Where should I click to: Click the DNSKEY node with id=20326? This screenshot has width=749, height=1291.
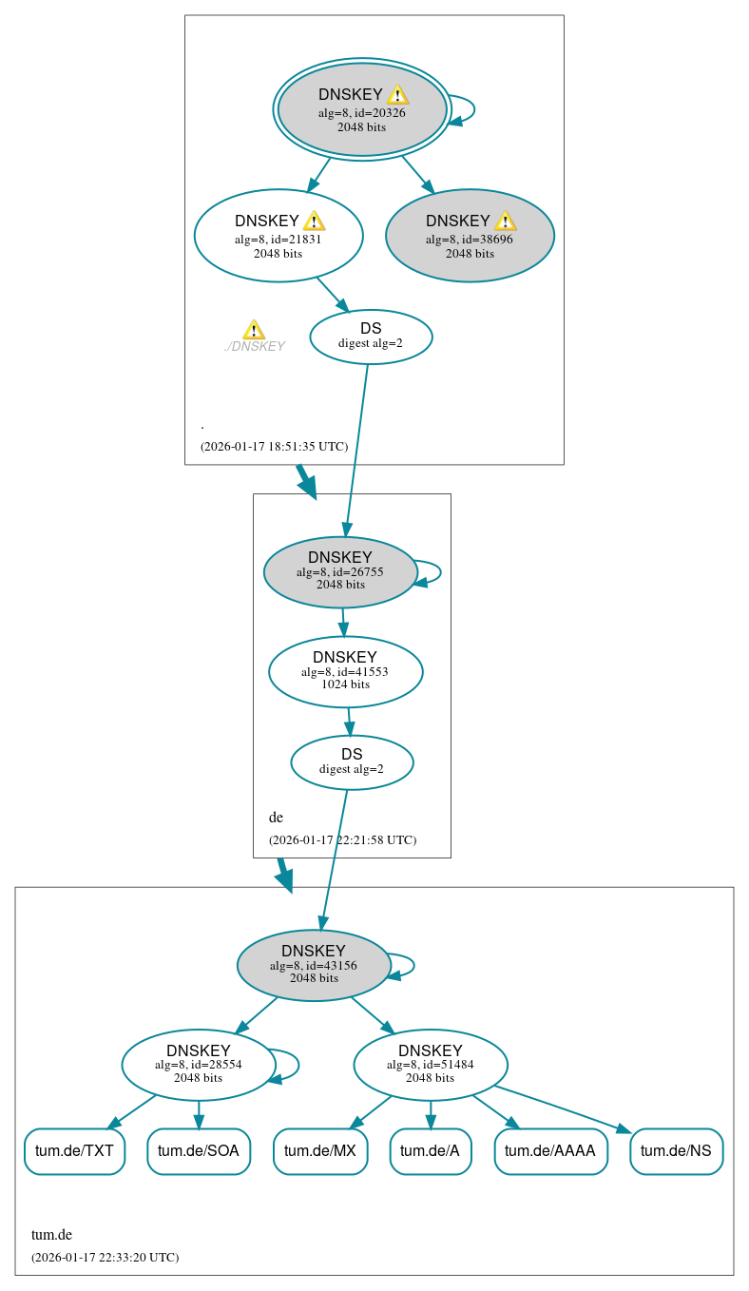pyautogui.click(x=362, y=109)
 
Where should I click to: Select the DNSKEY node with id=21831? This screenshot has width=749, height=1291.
pyautogui.click(x=278, y=235)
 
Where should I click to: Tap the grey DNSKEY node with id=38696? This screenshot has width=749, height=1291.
pyautogui.click(x=470, y=235)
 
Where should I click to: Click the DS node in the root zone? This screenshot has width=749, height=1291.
pyautogui.click(x=371, y=337)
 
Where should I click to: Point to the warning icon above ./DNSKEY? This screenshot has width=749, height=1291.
pyautogui.click(x=254, y=330)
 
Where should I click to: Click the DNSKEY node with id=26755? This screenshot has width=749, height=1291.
pyautogui.click(x=340, y=572)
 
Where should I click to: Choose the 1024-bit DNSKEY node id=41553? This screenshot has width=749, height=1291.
pyautogui.click(x=345, y=672)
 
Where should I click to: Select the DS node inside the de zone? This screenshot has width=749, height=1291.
pyautogui.click(x=352, y=762)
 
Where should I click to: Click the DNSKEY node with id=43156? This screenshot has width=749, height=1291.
pyautogui.click(x=314, y=965)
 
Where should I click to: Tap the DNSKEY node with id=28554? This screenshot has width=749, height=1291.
pyautogui.click(x=199, y=1065)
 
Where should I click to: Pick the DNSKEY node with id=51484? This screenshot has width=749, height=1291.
pyautogui.click(x=431, y=1065)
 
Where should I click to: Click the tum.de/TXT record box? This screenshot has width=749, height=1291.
pyautogui.click(x=74, y=1151)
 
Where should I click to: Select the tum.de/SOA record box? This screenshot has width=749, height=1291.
pyautogui.click(x=199, y=1151)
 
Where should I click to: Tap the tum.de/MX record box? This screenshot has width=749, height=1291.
pyautogui.click(x=320, y=1151)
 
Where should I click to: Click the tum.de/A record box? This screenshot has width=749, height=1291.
pyautogui.click(x=430, y=1151)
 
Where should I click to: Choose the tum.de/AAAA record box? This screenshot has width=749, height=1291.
pyautogui.click(x=550, y=1151)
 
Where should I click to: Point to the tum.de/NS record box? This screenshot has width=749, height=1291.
pyautogui.click(x=676, y=1151)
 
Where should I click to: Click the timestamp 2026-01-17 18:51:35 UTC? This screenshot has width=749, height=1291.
pyautogui.click(x=274, y=446)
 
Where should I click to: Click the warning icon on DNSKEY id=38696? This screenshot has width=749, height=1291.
pyautogui.click(x=505, y=222)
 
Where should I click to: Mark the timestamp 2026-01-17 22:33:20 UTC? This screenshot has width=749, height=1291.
pyautogui.click(x=105, y=1257)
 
